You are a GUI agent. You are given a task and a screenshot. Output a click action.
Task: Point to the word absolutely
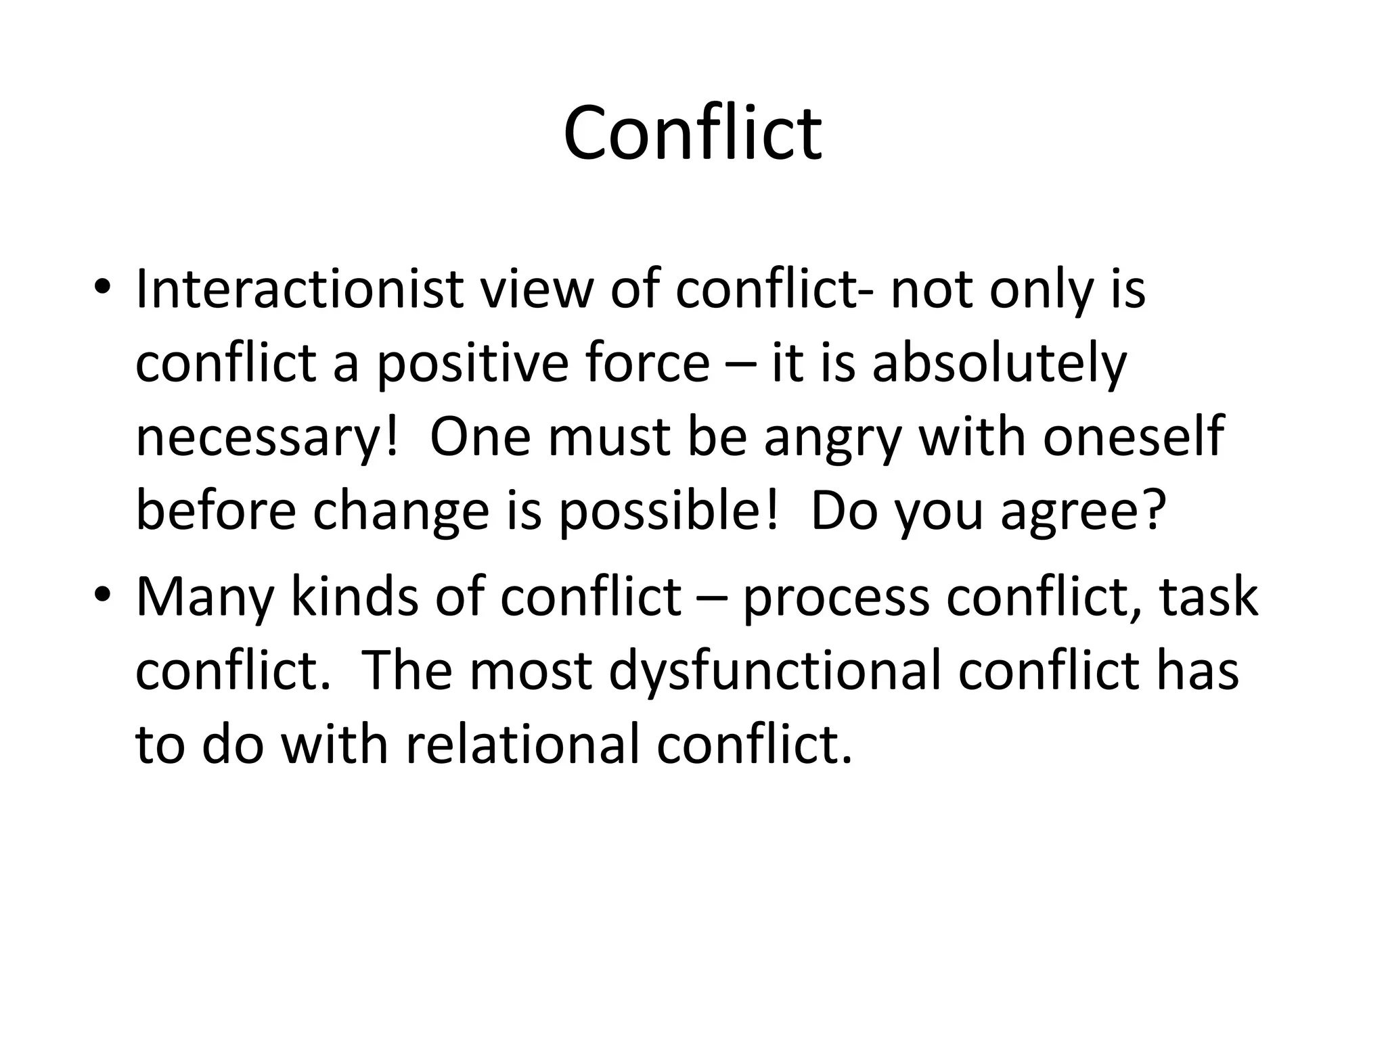point(999,363)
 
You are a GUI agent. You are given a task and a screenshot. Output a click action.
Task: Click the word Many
point(205,598)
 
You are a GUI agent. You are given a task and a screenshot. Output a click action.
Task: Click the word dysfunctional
point(776,672)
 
